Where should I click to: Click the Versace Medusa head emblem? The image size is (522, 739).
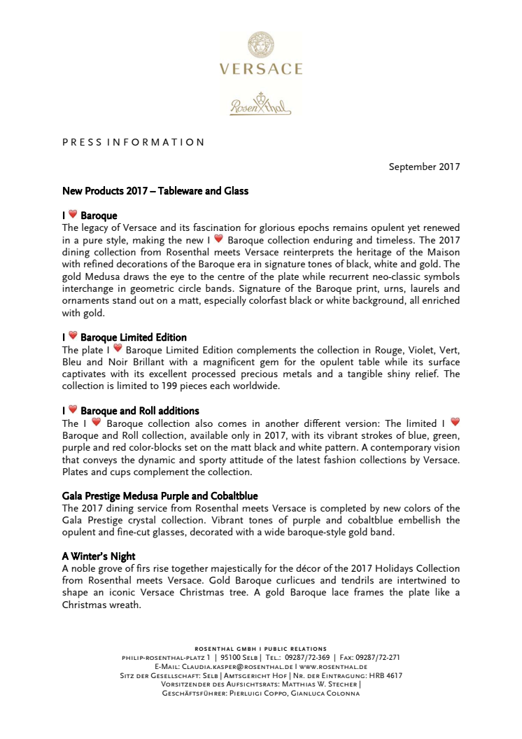click(260, 45)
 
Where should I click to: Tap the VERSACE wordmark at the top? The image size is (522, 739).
click(260, 69)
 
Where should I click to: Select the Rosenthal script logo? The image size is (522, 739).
click(260, 104)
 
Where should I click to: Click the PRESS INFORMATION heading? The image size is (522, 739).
click(133, 142)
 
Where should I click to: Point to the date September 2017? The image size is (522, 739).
click(424, 167)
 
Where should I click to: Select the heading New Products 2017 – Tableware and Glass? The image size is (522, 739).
click(155, 191)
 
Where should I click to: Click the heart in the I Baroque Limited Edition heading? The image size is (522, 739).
click(73, 337)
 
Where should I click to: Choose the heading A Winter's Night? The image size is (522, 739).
click(99, 556)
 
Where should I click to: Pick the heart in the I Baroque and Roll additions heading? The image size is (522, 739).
click(73, 410)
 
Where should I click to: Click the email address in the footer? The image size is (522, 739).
click(232, 667)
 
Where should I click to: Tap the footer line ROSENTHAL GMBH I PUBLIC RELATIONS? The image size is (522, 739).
click(260, 649)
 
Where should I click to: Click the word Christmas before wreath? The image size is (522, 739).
click(87, 606)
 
